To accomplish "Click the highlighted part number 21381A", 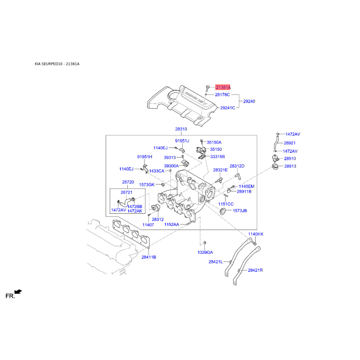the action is click(223, 87).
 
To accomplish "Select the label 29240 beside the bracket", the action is click(249, 101).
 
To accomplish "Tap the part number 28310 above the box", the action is click(181, 129).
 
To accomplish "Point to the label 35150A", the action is click(214, 142).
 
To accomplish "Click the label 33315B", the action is click(217, 157).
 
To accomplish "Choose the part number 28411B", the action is click(149, 257).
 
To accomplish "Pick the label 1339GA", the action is click(205, 252).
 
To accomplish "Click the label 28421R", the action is click(255, 270).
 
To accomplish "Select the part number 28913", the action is click(290, 166).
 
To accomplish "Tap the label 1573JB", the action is click(240, 211).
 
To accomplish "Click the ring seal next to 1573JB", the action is click(223, 211).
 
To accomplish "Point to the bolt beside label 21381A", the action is click(207, 88).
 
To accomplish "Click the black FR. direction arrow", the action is click(18, 292).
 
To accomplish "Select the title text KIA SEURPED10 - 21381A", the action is click(57, 64).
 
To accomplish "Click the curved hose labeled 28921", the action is click(275, 142).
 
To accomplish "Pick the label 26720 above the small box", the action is click(128, 182).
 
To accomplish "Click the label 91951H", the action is click(144, 157).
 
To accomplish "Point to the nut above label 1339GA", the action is click(205, 243).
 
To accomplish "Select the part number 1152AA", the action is click(171, 224).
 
